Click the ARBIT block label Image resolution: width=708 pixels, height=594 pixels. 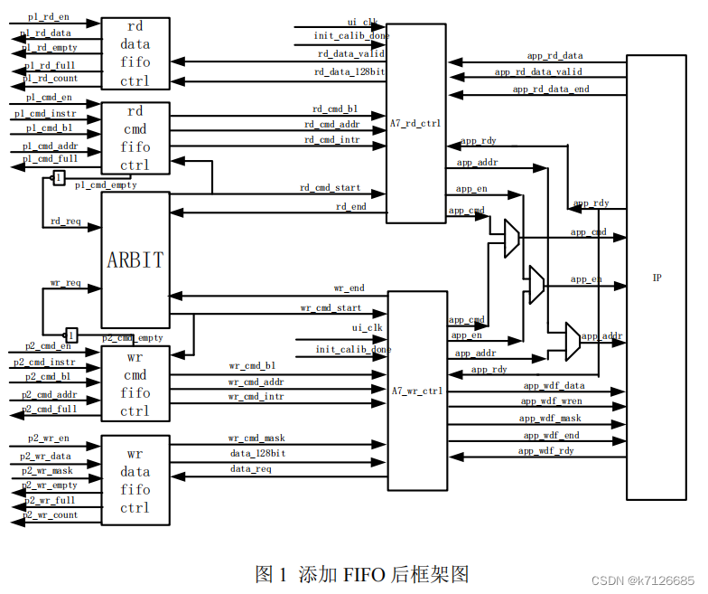tap(135, 260)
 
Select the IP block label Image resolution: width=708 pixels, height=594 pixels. tap(657, 278)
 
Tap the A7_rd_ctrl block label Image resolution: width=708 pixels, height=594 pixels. tap(416, 124)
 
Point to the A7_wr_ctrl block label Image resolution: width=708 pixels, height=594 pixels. tap(417, 391)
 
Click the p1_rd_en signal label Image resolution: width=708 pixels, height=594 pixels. tap(48, 17)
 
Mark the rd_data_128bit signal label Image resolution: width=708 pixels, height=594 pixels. tap(350, 71)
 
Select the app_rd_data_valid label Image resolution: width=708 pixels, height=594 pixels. tap(538, 72)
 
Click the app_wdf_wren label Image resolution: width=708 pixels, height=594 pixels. tap(551, 401)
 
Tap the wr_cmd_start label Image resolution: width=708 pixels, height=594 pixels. tap(331, 308)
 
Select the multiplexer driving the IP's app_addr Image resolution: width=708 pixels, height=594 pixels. tap(573, 340)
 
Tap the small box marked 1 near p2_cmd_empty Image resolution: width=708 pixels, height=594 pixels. tap(71, 335)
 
